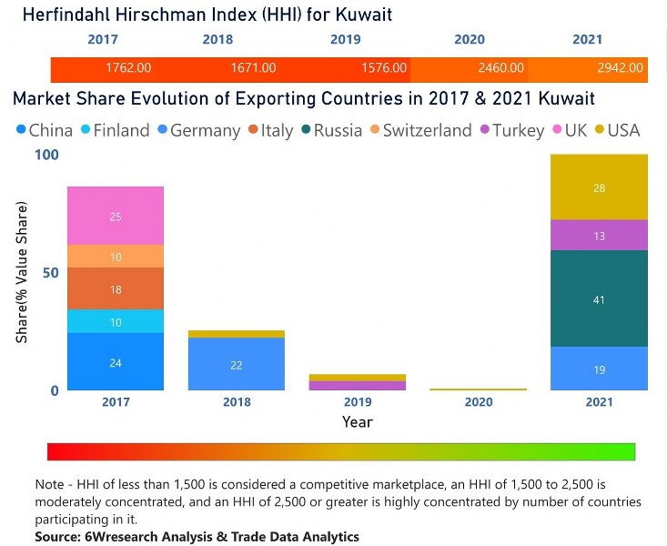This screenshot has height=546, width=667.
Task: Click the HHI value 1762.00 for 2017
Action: [x=128, y=68]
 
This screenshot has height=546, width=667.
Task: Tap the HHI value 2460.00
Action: [x=501, y=68]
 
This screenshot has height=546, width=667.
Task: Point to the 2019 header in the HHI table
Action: [x=345, y=40]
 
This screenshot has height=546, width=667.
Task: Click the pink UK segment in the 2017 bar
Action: [x=116, y=217]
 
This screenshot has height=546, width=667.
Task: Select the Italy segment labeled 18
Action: [x=116, y=288]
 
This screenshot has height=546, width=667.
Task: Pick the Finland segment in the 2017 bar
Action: [x=116, y=321]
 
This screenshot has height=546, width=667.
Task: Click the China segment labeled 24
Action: [x=116, y=362]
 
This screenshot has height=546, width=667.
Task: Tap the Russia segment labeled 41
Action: [x=599, y=299]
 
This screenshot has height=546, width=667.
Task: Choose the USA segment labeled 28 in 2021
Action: [x=599, y=187]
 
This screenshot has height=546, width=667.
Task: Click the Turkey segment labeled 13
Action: [x=599, y=236]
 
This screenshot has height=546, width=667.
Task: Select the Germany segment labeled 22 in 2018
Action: [x=236, y=364]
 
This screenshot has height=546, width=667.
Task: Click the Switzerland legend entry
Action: [x=426, y=130]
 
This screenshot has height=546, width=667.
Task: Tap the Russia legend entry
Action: [x=338, y=130]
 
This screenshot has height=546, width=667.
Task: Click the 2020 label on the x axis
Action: [x=478, y=402]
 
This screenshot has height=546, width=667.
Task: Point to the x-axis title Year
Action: [x=357, y=422]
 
